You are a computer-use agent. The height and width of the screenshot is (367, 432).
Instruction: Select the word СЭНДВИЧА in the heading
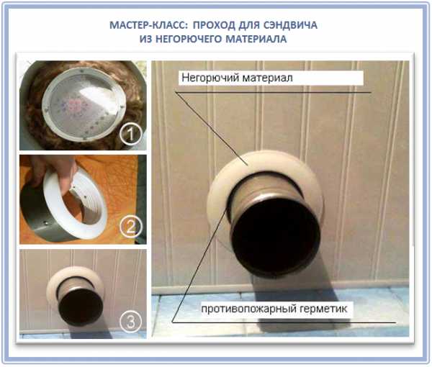click(290, 25)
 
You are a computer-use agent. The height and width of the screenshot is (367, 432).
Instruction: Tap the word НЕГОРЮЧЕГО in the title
click(189, 39)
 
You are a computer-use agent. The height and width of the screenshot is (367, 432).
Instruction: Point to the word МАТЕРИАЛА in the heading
click(256, 39)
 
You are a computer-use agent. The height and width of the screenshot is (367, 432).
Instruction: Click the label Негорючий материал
click(237, 78)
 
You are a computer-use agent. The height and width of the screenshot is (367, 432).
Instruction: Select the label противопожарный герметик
click(274, 309)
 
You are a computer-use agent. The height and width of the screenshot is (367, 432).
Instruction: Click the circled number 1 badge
click(131, 134)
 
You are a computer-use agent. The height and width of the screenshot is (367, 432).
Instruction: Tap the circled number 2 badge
click(131, 227)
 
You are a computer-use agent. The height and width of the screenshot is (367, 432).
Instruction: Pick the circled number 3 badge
click(130, 322)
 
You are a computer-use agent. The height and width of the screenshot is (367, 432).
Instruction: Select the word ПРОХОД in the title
click(214, 25)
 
